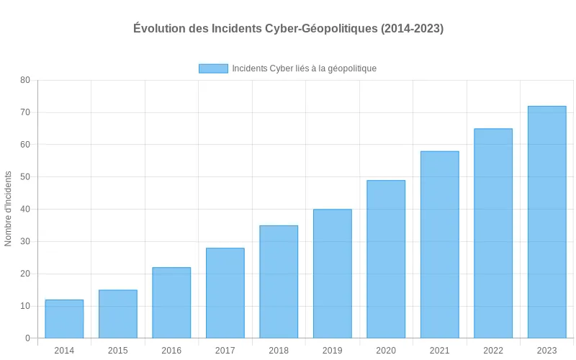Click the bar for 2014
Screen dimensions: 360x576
pos(64,319)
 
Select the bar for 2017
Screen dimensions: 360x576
pos(225,293)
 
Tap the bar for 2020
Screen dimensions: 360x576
pos(386,259)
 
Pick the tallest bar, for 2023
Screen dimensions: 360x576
pos(546,222)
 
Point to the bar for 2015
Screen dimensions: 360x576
pos(117,314)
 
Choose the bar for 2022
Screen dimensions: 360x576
pos(493,233)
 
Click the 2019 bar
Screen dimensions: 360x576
pos(332,274)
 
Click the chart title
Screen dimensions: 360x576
pos(288,29)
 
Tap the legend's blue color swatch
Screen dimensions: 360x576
pos(213,68)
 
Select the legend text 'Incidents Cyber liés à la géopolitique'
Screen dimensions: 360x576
pos(304,68)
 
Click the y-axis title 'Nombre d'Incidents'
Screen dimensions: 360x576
pos(9,209)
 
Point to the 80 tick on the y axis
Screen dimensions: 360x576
pos(25,80)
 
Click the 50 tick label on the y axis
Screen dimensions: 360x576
pos(25,177)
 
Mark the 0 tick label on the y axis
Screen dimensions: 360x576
pos(27,338)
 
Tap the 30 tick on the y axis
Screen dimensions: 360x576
pos(25,241)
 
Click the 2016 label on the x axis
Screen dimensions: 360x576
pos(171,351)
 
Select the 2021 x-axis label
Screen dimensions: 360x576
pos(439,351)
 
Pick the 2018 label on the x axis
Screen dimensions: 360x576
pos(279,351)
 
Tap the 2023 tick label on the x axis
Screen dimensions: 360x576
pos(546,351)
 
